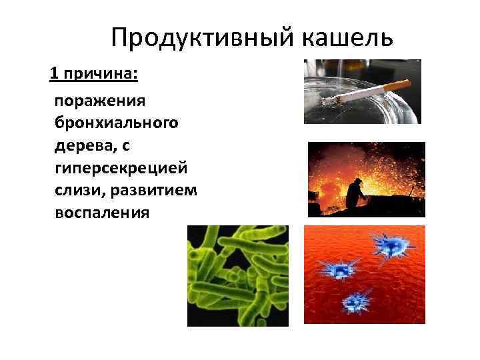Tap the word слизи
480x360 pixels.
point(75,190)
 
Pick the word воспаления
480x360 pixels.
point(102,213)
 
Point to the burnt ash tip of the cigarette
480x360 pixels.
point(331,101)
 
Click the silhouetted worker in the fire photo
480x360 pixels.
point(357,195)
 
